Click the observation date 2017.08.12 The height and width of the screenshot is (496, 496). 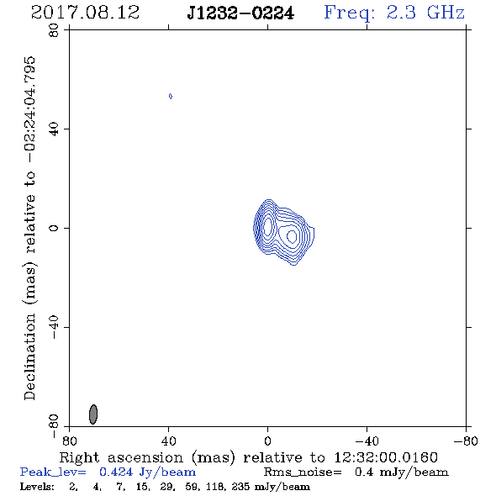coord(85,13)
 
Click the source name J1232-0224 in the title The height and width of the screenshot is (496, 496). coord(240,13)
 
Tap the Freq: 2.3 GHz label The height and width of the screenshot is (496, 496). coord(394,13)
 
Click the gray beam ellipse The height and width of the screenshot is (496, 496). coord(93,414)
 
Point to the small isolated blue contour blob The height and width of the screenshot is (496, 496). coord(171,96)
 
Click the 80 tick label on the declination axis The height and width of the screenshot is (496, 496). coord(54,30)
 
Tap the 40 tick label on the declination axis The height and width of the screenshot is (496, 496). coord(54,129)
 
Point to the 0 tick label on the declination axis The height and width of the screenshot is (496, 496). coord(54,228)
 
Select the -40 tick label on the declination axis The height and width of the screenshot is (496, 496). coord(54,327)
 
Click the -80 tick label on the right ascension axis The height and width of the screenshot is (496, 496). coord(466,441)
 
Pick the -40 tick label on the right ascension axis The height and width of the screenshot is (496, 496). coord(367,441)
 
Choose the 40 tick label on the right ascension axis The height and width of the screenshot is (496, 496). coord(168,441)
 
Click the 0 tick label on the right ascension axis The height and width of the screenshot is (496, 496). coord(267,441)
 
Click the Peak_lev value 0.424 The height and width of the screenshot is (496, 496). coord(116,472)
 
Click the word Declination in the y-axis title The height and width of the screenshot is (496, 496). coord(29,356)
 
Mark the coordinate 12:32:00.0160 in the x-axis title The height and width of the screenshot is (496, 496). coord(386,457)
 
